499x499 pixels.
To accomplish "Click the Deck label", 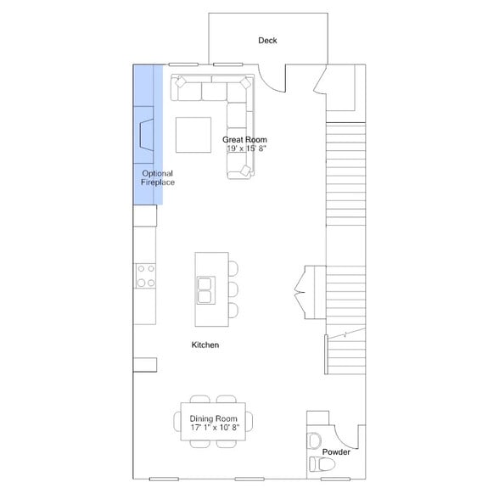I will (x=268, y=41).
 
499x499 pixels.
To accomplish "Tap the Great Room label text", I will (x=245, y=139).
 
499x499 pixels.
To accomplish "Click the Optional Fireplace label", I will (x=157, y=178).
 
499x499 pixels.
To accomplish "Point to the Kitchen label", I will (x=205, y=345).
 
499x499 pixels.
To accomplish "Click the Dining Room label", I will (x=213, y=418).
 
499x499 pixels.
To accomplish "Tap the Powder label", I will (x=336, y=452).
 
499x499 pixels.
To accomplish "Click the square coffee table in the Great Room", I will (x=195, y=134).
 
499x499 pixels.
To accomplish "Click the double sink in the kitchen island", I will (x=205, y=289).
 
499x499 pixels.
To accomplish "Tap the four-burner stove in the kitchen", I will (x=145, y=276).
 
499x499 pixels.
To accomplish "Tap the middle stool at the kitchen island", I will (x=233, y=289).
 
